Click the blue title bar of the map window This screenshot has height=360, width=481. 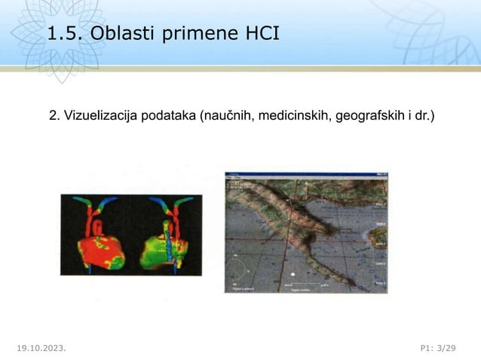pyautogui.click(x=305, y=175)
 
